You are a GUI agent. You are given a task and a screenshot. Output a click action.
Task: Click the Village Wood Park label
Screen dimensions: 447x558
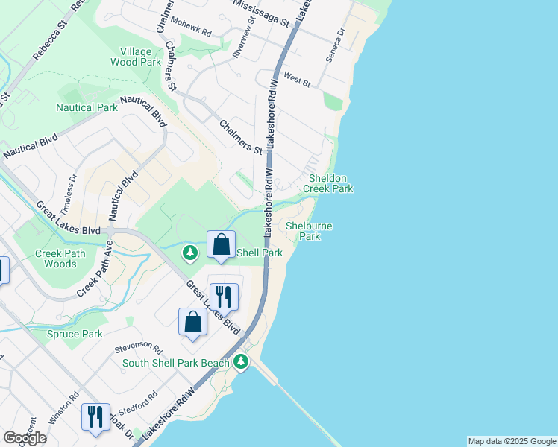click(136, 57)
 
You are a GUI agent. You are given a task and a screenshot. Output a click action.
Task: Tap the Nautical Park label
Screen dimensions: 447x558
click(87, 107)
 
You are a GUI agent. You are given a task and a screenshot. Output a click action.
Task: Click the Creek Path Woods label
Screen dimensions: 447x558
click(60, 259)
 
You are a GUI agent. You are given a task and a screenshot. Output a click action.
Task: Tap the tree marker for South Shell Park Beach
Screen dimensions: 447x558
click(240, 362)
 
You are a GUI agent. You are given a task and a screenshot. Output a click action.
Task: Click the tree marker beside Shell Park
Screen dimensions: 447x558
click(191, 253)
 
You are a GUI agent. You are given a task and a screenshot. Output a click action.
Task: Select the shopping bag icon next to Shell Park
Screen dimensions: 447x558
click(222, 245)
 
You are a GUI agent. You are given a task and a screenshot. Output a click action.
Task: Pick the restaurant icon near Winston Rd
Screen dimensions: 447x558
click(95, 417)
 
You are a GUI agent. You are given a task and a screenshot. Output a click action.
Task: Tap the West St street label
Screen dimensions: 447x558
click(297, 79)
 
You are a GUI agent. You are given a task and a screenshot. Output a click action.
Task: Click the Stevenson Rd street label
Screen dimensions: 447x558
click(138, 348)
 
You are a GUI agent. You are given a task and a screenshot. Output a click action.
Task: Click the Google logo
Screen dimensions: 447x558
click(25, 438)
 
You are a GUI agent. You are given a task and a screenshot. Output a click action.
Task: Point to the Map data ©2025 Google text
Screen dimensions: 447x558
click(512, 441)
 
